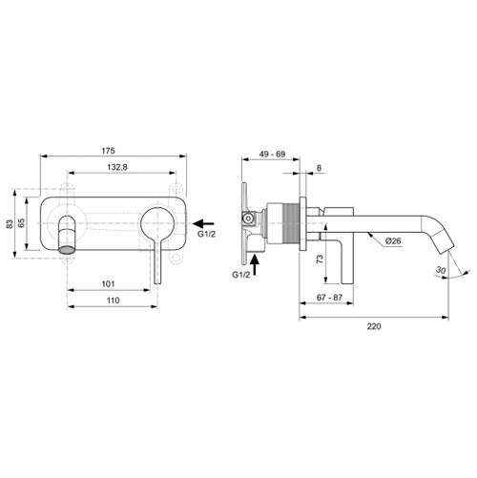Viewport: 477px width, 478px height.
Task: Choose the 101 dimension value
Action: (x=109, y=283)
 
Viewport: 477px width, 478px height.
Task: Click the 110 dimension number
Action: (x=113, y=301)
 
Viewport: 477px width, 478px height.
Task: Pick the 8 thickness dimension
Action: (x=317, y=168)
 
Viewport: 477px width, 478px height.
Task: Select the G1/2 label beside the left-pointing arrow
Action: (x=209, y=232)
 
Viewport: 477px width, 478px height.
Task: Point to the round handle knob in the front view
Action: (x=157, y=231)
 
